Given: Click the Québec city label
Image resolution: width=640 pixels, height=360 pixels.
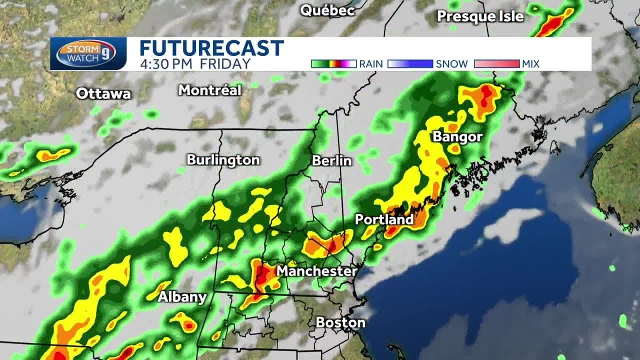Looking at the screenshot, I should click(327, 10).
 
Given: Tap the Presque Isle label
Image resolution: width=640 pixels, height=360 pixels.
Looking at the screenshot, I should click(480, 16).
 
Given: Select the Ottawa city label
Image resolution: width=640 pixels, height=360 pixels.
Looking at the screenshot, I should click(103, 93).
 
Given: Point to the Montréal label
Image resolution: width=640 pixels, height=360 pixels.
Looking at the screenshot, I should click(210, 90).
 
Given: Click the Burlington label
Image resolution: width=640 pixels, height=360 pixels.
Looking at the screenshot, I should click(223, 160).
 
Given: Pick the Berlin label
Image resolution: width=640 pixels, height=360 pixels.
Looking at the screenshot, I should click(331, 160).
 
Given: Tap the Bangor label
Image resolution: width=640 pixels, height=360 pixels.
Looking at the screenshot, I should click(457, 137).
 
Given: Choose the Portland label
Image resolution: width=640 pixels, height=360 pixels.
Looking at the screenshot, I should click(384, 219).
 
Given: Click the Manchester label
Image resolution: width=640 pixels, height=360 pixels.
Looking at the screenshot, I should click(317, 271).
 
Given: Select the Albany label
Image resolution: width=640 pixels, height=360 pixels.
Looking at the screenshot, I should click(182, 297).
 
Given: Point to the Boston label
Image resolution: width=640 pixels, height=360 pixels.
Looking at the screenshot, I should click(340, 322).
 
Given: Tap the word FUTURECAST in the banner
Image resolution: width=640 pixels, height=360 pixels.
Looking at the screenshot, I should click(211, 48).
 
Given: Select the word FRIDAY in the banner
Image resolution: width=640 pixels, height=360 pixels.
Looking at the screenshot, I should click(225, 64).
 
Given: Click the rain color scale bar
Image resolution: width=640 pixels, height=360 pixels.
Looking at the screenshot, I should click(333, 64).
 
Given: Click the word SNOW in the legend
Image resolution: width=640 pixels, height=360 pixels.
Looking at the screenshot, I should click(452, 64).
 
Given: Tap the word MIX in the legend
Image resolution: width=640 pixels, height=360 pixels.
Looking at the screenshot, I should click(530, 64).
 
